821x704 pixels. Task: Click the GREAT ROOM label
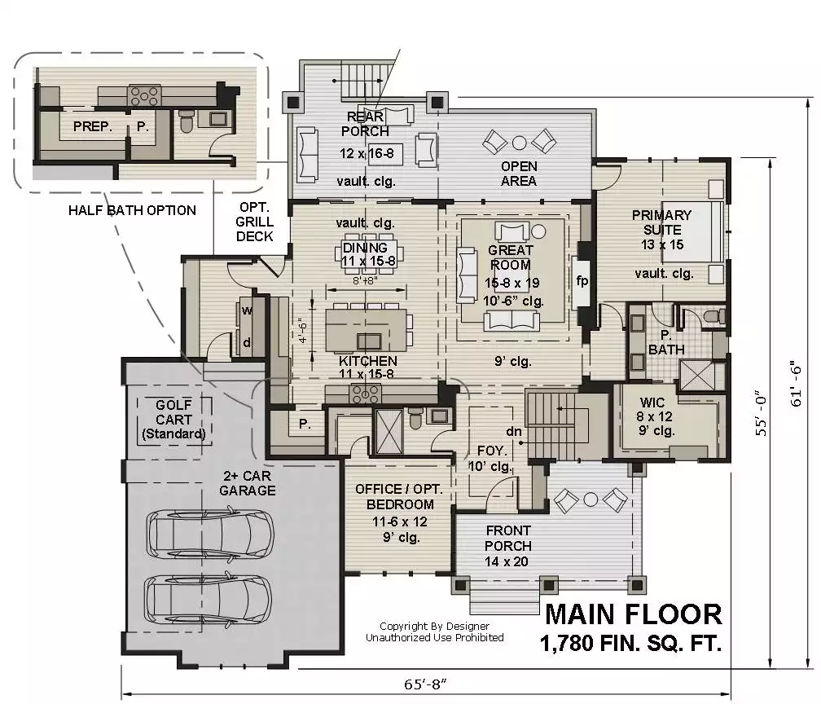point(510,257)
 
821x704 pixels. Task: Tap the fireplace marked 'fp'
point(582,281)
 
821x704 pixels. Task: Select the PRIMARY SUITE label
point(662,222)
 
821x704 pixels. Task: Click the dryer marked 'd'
point(246,343)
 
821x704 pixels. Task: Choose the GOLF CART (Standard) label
point(173,419)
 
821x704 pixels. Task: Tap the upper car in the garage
point(210,535)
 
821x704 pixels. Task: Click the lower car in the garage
point(208,599)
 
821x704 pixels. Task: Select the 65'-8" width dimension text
point(425,684)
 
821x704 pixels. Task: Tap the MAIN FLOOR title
point(634,614)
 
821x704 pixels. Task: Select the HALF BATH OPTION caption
point(132,210)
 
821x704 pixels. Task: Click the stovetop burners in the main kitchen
point(366,394)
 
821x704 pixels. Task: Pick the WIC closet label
point(652,403)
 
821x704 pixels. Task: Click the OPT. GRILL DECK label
point(254,222)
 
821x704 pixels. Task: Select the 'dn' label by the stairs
point(514,431)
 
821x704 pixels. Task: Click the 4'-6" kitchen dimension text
point(303,331)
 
